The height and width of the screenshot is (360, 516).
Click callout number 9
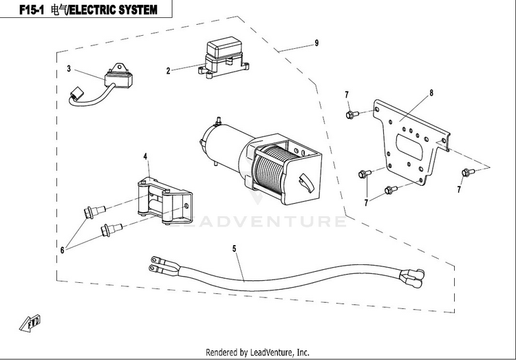[316, 43]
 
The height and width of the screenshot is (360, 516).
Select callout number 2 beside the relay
[168, 71]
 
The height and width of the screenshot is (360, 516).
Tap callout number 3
[69, 69]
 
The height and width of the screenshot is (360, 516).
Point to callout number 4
[145, 156]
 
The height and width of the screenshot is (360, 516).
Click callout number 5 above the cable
[235, 248]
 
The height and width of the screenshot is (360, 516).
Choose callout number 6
[62, 251]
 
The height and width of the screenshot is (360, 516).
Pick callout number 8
[431, 93]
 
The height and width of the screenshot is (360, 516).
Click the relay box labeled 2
[224, 59]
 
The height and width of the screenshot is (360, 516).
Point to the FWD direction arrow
[30, 323]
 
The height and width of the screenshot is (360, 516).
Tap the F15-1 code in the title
[31, 10]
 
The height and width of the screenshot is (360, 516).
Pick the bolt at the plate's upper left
[352, 115]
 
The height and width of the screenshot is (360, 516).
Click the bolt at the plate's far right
[468, 172]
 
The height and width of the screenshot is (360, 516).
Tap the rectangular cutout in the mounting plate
[410, 147]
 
